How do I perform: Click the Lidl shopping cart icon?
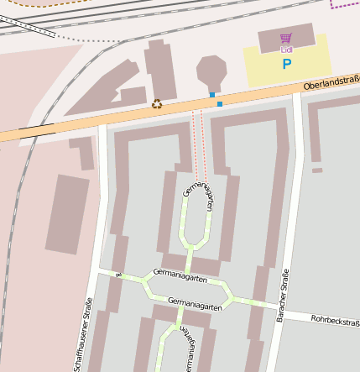click(286, 38)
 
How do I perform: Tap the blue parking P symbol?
click(286, 63)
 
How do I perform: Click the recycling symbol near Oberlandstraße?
click(157, 104)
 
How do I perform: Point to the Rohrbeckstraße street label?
click(335, 320)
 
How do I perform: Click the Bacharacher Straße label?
click(282, 294)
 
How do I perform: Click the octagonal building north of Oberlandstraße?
click(211, 71)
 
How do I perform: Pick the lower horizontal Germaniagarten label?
click(195, 305)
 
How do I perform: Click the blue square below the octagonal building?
click(212, 94)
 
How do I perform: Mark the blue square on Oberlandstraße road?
click(220, 103)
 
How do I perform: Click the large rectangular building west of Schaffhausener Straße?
click(67, 214)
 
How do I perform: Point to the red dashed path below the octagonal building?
click(199, 134)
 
